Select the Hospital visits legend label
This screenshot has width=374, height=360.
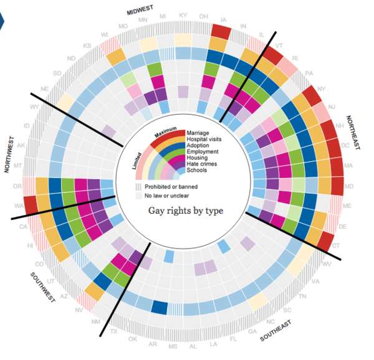[204, 140]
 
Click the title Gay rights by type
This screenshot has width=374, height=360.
[185, 211]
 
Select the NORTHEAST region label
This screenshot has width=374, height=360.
[354, 131]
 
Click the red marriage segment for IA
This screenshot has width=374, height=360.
[220, 31]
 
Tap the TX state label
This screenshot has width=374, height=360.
[113, 331]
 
